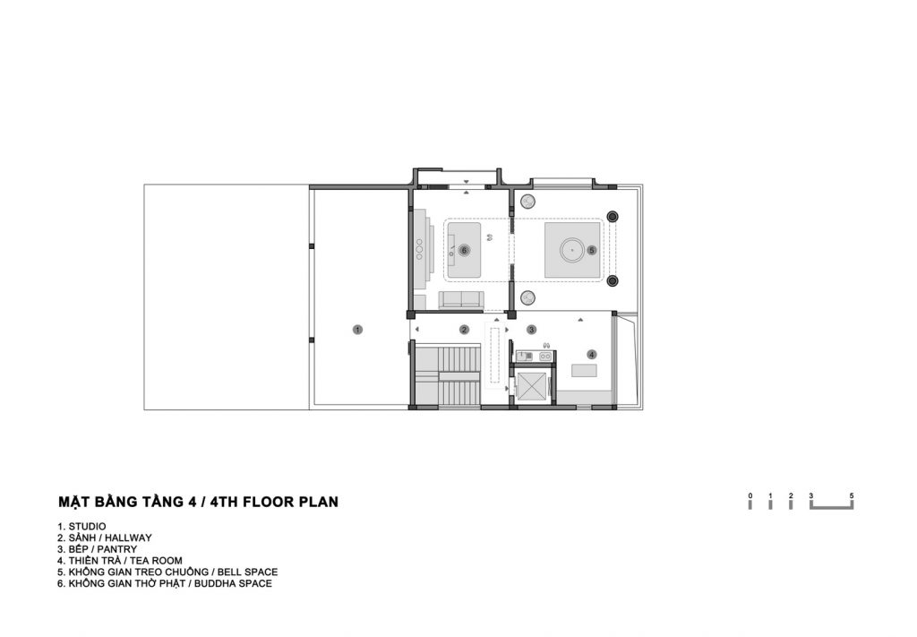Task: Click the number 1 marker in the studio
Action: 357,330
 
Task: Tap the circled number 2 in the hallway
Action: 465,330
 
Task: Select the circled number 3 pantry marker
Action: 532,330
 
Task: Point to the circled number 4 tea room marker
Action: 592,355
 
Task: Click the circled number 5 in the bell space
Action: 592,250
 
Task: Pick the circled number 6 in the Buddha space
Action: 465,250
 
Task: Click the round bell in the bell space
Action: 572,250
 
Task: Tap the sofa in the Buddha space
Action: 461,299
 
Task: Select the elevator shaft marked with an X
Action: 532,387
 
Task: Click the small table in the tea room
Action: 584,371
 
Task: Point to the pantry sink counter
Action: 535,356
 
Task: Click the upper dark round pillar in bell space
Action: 613,217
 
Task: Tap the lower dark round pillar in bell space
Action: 613,281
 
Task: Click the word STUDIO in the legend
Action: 87,527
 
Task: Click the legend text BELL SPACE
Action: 247,572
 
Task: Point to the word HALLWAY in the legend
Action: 128,538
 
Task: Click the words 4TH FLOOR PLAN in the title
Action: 274,502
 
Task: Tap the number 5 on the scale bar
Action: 852,496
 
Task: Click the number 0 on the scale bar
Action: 750,496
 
